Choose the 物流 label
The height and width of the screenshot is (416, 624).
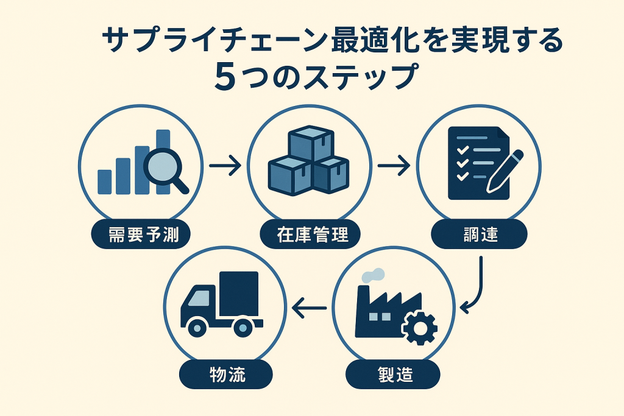coord(226,374)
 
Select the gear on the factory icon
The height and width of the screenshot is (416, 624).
coord(419,329)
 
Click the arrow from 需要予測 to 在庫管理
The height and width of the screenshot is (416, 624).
coord(224,166)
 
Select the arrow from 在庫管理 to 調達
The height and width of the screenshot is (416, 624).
coord(393,166)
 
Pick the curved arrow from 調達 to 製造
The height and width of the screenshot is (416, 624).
coord(476,286)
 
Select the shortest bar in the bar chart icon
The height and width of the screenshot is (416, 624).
coord(105,182)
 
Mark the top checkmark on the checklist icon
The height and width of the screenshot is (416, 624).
coord(462,149)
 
